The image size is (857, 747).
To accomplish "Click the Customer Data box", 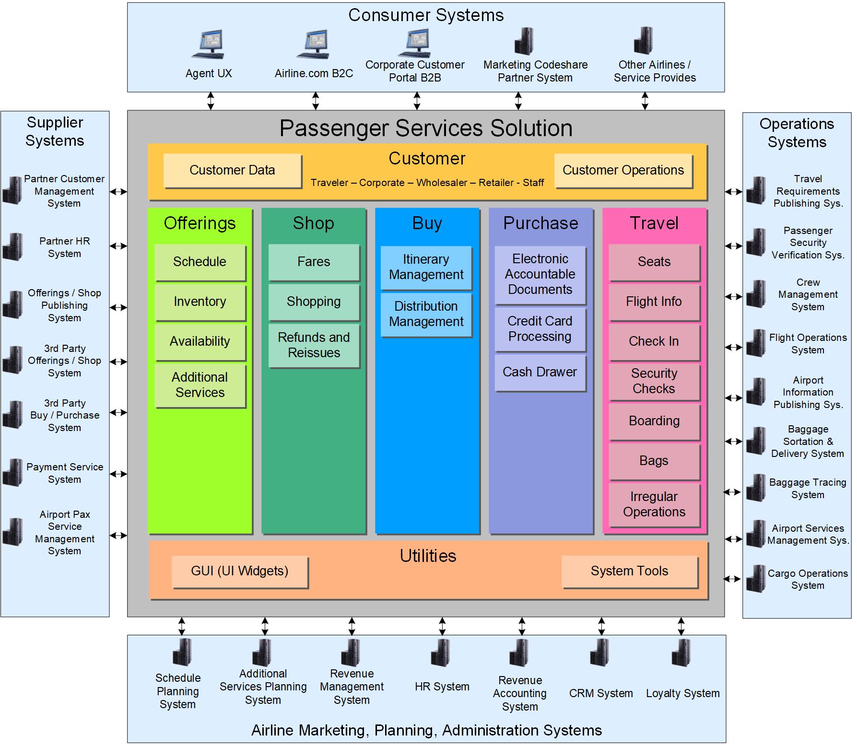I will [x=232, y=170].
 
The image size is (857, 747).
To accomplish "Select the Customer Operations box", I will [x=623, y=170].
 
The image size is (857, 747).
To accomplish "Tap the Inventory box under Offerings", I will [x=200, y=302].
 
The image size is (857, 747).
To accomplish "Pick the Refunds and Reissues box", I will [x=314, y=345].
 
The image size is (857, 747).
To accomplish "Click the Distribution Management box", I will [x=426, y=314].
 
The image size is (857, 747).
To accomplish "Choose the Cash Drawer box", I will [x=540, y=372].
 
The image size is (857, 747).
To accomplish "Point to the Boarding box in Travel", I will [x=654, y=421].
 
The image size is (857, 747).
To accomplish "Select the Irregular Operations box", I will [x=654, y=504].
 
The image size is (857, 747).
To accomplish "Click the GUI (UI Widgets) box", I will [x=239, y=571].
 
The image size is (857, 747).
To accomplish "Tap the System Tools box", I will [x=629, y=571].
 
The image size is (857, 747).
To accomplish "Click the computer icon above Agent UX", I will [x=208, y=44].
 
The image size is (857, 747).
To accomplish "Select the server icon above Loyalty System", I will [x=681, y=653].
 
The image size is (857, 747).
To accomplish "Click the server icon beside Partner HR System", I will [x=13, y=247].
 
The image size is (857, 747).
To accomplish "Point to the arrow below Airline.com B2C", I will [x=316, y=101].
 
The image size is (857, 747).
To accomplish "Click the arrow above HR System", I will [x=442, y=626].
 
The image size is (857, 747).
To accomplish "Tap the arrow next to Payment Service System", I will [x=118, y=474].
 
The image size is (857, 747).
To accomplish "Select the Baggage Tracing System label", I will [x=808, y=489].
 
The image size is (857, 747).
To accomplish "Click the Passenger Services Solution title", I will [x=426, y=128].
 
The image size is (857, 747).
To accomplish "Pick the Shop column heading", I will [x=313, y=223].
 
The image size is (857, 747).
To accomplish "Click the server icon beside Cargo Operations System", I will [x=756, y=579].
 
